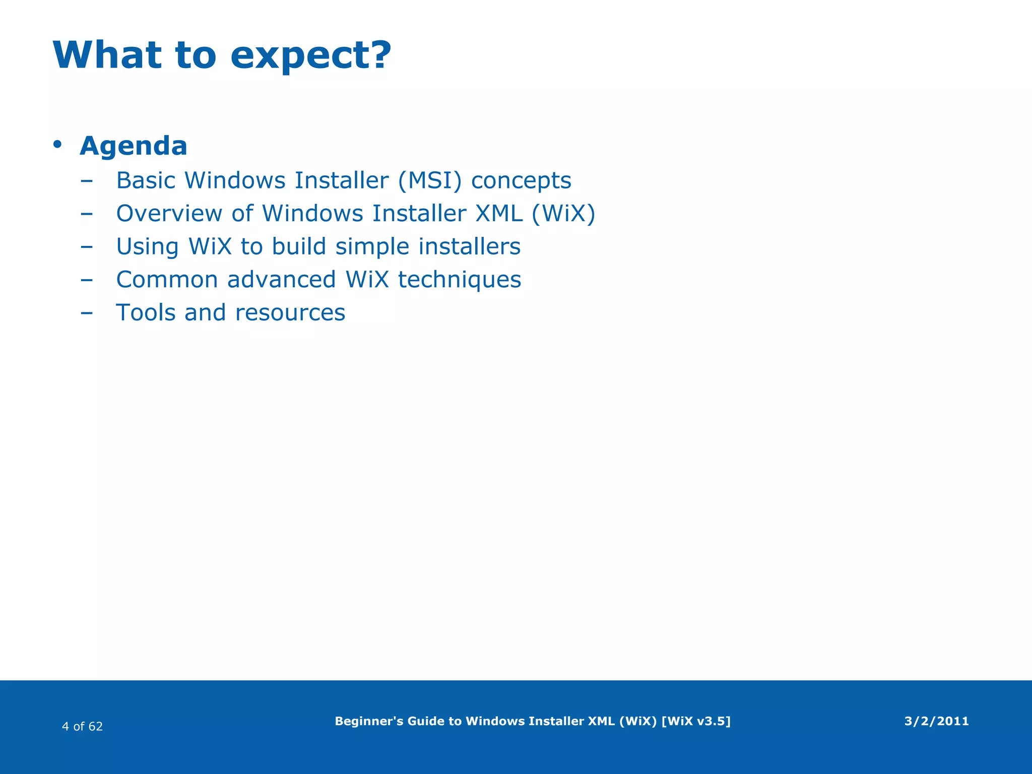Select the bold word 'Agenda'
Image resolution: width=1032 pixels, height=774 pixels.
(134, 146)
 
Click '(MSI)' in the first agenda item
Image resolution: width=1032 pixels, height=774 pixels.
(429, 180)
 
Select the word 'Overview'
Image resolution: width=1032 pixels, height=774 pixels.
(169, 214)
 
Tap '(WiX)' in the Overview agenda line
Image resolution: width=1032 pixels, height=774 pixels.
(563, 214)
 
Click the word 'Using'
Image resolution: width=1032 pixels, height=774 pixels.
(147, 247)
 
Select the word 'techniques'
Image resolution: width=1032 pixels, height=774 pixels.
(459, 280)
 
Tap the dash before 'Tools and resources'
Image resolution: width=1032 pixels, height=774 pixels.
(87, 313)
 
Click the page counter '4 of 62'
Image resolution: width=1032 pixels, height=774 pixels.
(82, 726)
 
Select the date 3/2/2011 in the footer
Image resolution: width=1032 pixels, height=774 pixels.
(936, 721)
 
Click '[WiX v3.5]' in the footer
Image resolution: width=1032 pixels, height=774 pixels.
(695, 721)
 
